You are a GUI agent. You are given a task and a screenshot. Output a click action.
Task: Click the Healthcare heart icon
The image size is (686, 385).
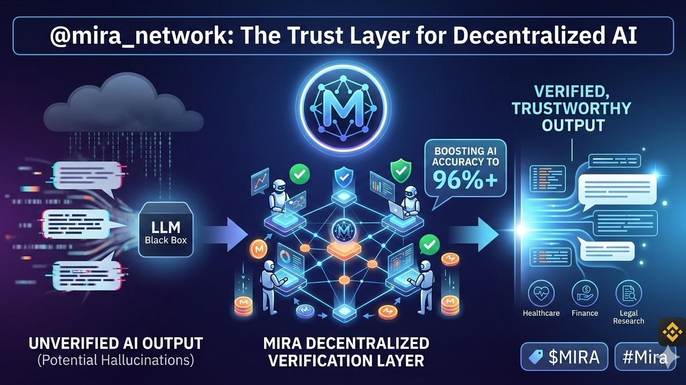(x=541, y=293)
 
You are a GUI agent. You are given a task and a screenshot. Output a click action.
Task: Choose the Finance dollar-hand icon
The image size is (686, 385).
(x=585, y=293)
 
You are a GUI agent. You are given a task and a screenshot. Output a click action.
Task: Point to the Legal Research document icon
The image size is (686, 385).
(x=628, y=293)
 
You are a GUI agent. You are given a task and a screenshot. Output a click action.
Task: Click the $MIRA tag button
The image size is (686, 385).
(x=564, y=356)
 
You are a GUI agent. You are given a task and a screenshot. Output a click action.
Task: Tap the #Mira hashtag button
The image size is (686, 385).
(x=645, y=356)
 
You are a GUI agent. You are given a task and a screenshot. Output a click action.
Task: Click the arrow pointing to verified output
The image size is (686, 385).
(x=474, y=234)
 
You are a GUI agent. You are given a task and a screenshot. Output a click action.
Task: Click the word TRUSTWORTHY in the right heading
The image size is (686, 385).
(x=571, y=108)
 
